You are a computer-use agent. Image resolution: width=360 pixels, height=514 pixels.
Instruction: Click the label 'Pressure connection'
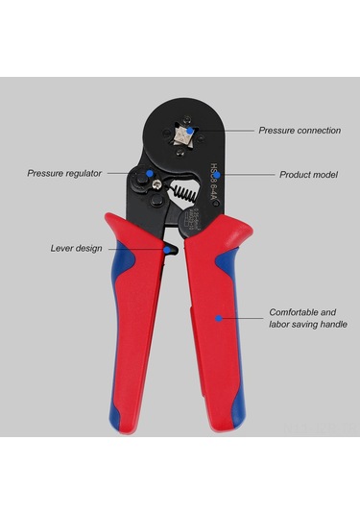299,130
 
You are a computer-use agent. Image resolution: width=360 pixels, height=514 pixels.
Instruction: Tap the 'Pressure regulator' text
64,174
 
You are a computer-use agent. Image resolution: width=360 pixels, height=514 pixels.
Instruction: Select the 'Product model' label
308,176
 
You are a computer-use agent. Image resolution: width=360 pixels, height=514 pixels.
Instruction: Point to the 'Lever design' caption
77,248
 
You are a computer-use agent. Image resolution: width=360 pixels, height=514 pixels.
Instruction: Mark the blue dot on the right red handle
219,317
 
